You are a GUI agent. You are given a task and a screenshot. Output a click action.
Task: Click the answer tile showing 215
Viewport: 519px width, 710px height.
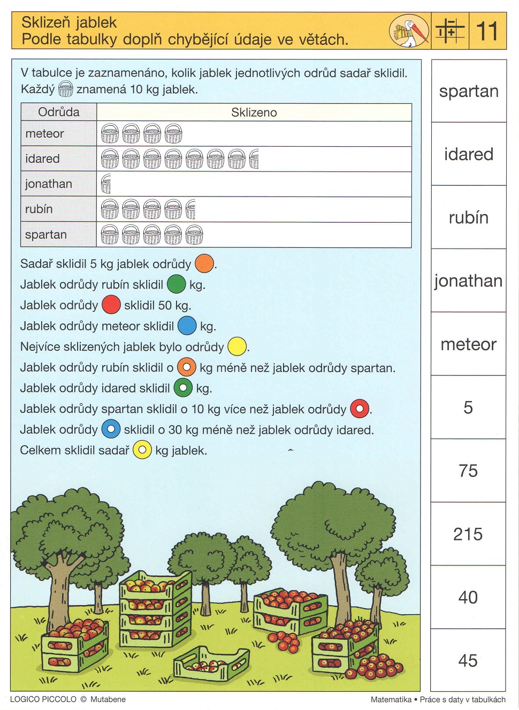click(x=468, y=534)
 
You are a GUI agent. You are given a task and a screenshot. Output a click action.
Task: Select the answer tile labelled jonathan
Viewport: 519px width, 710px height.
click(x=468, y=281)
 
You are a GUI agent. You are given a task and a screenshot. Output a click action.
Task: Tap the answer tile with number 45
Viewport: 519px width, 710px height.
click(x=468, y=660)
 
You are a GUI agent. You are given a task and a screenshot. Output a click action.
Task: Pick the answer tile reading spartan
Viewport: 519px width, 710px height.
click(x=468, y=91)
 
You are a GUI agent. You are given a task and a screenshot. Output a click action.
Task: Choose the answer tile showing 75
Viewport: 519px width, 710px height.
click(x=468, y=471)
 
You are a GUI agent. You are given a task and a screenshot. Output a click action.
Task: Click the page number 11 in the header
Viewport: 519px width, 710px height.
click(x=487, y=31)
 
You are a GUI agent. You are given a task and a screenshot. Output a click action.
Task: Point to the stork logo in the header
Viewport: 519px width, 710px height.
click(x=409, y=31)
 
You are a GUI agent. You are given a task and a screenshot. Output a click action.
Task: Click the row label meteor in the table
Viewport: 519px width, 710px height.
click(x=45, y=134)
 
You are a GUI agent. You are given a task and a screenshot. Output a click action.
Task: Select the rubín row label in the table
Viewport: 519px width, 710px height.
click(x=39, y=209)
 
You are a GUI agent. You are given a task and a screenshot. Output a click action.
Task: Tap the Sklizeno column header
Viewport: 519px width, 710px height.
click(x=254, y=112)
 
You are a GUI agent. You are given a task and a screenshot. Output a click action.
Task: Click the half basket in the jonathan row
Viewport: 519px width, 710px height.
click(x=106, y=184)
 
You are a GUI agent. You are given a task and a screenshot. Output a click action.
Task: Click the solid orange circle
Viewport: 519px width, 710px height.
click(x=204, y=263)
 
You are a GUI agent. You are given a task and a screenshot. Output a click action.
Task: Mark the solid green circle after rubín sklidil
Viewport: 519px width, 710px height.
click(x=176, y=284)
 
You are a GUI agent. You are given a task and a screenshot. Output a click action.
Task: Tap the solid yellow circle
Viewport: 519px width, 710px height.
click(x=236, y=346)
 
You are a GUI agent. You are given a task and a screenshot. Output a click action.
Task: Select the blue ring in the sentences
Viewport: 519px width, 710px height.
click(x=111, y=429)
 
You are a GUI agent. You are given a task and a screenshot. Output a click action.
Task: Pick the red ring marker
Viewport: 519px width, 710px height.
click(x=360, y=409)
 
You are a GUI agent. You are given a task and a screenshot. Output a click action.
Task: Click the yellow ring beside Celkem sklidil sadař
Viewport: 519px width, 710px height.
click(x=142, y=450)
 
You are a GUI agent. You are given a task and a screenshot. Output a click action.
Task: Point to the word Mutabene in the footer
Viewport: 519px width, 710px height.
click(x=108, y=699)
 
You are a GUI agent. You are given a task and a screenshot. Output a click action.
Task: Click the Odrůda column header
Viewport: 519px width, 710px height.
click(x=59, y=112)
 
